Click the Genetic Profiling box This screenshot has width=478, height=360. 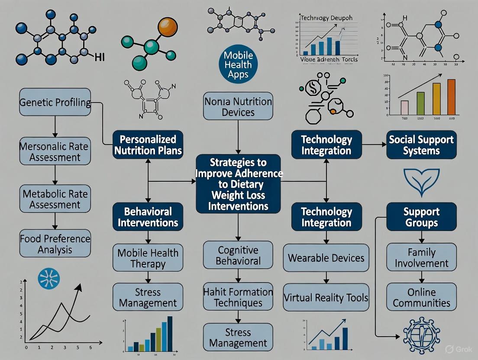point(55,103)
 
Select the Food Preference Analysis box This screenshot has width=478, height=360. point(55,244)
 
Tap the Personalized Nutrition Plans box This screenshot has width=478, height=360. point(148,145)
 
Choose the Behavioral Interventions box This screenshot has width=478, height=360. point(148,217)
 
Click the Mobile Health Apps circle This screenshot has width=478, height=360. point(238,65)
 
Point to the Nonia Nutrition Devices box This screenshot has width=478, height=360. point(238,106)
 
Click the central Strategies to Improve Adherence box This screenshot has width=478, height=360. point(238,184)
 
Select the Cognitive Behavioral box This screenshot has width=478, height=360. point(238,255)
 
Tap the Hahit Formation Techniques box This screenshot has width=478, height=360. point(238,297)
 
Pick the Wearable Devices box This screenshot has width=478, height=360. point(326,258)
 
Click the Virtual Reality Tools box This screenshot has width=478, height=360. point(326,298)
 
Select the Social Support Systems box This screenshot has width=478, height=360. point(421,145)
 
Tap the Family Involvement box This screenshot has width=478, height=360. point(421,257)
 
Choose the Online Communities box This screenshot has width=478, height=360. point(421,297)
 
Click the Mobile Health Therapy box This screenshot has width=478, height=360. point(148,258)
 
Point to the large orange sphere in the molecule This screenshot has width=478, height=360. point(168,28)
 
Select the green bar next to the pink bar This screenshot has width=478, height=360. point(420,103)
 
